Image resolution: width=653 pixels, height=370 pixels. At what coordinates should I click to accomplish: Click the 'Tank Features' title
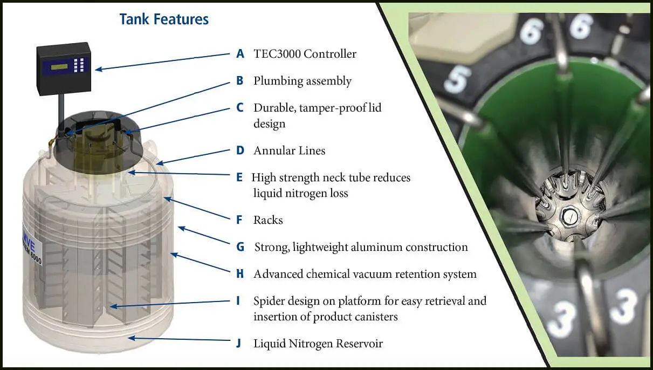[164, 19]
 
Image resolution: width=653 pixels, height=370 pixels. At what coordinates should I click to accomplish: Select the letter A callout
[240, 53]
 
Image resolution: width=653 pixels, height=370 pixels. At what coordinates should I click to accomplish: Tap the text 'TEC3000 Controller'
[305, 54]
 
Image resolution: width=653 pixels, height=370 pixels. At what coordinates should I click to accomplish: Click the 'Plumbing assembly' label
[303, 81]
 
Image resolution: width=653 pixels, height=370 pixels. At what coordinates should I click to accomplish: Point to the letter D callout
[240, 150]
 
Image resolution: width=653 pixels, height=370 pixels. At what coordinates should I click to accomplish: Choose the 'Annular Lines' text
[290, 150]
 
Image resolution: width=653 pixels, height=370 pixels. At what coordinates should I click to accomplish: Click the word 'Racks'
[268, 220]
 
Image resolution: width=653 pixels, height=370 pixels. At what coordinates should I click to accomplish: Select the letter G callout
[240, 247]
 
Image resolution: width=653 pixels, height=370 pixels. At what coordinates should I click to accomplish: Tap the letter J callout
[239, 344]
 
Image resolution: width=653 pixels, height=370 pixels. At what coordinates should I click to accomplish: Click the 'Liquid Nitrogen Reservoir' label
[318, 344]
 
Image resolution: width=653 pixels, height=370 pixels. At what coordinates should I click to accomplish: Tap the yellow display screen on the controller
[59, 67]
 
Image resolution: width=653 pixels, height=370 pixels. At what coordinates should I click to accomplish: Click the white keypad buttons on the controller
[79, 65]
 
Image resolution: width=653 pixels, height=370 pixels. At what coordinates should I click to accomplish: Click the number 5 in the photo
[457, 79]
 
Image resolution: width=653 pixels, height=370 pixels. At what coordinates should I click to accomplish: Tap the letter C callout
[240, 107]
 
